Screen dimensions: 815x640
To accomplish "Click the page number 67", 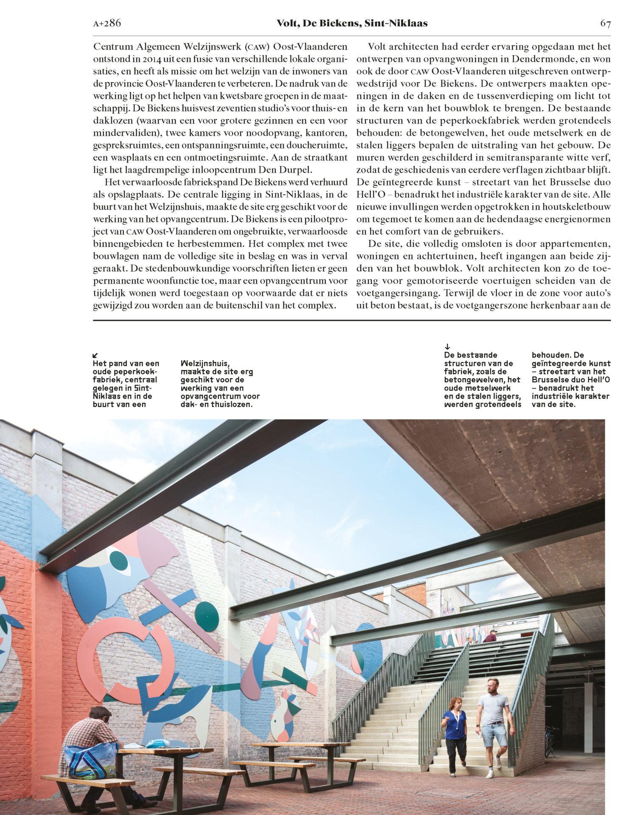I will click(605, 23).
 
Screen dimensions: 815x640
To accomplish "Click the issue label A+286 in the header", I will click(107, 23).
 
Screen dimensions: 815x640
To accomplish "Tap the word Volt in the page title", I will click(287, 23).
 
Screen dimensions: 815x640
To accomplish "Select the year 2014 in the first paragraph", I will click(152, 59).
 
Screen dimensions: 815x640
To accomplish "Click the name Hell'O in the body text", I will click(371, 194).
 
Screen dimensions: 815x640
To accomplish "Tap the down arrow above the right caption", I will click(447, 347).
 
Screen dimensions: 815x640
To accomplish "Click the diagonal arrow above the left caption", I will click(95, 355).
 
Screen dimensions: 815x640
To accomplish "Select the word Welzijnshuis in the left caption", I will click(205, 363).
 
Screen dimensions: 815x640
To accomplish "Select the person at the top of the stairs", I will click(491, 636).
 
